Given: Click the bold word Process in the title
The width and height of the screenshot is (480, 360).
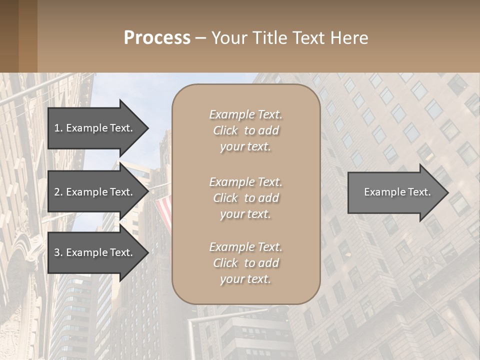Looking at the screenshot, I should (157, 38).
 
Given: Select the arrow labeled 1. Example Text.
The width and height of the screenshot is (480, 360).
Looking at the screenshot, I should (95, 128).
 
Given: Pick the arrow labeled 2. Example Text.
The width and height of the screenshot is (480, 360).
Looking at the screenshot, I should (95, 192).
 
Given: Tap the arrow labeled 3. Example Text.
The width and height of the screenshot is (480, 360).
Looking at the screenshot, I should (95, 252).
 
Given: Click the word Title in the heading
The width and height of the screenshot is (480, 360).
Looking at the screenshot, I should (268, 38).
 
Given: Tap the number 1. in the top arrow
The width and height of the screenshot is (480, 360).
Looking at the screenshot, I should (58, 128).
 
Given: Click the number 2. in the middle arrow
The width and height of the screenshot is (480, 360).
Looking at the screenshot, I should (58, 192).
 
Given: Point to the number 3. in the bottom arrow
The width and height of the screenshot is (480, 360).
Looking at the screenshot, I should (58, 252).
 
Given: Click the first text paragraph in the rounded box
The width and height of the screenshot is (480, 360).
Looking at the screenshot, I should (245, 130).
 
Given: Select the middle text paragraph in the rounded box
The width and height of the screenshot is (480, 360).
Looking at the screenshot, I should (245, 198).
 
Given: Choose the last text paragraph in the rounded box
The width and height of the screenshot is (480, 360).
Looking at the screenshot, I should (245, 263).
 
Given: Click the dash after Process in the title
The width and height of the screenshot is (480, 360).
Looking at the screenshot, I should (200, 38).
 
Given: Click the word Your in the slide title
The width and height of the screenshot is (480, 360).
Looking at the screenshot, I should (228, 38).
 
